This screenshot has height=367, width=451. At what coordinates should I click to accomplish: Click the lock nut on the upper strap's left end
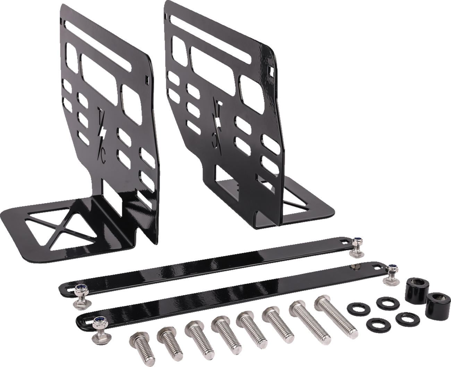[81, 290]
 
